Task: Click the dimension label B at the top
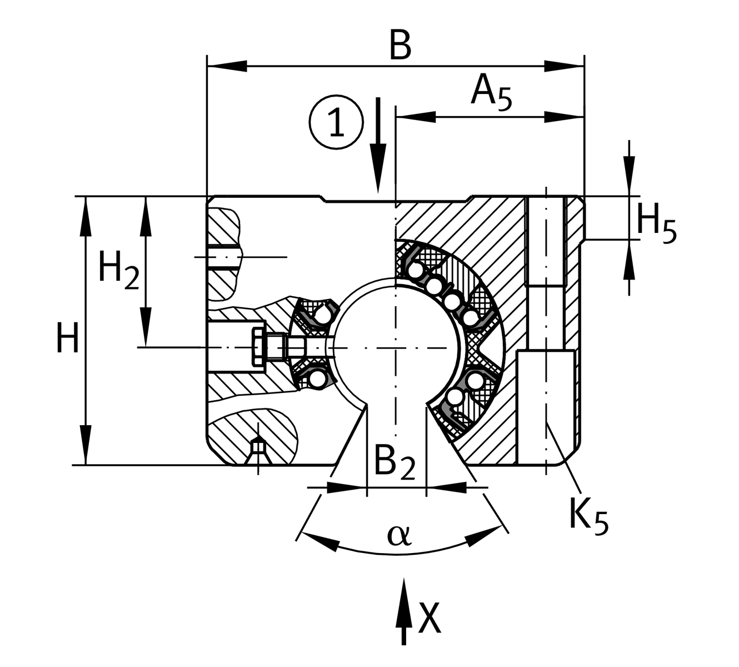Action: pyautogui.click(x=400, y=46)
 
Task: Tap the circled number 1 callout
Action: pyautogui.click(x=337, y=122)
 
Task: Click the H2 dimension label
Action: pyautogui.click(x=118, y=269)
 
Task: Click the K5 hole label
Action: pyautogui.click(x=588, y=515)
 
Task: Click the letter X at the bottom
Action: pyautogui.click(x=430, y=618)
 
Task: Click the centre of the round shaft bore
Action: pyautogui.click(x=395, y=348)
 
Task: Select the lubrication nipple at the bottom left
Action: pyautogui.click(x=258, y=447)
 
